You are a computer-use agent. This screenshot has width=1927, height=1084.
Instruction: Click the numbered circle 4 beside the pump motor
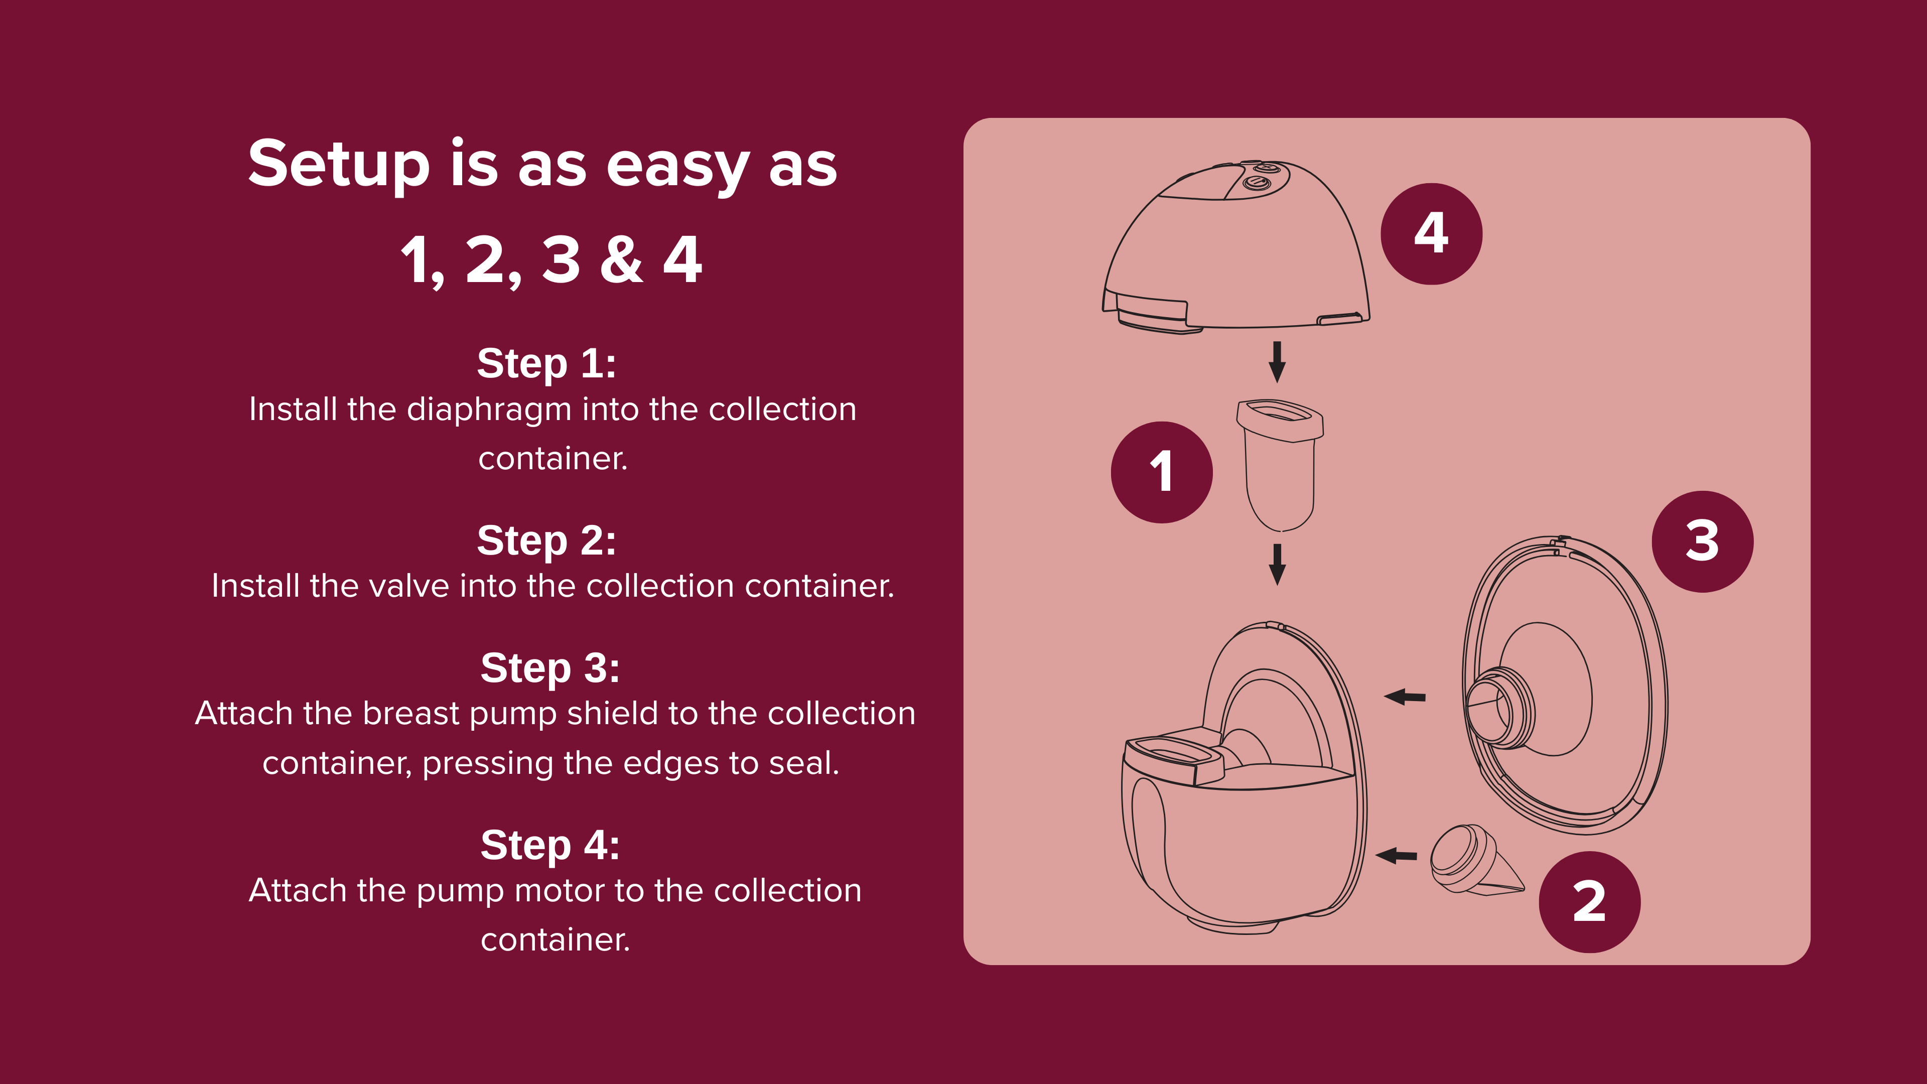[x=1431, y=234]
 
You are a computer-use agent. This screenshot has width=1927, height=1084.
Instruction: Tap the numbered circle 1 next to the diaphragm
[x=1162, y=472]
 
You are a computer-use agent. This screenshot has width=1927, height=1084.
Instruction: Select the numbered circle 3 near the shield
[x=1703, y=541]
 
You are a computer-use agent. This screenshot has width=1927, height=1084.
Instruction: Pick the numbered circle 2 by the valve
[x=1590, y=902]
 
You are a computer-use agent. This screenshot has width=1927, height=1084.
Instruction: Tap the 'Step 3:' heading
[x=550, y=667]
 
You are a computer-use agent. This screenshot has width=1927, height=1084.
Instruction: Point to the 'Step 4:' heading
[x=550, y=845]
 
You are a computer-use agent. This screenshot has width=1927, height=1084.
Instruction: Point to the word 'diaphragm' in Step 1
[x=489, y=411]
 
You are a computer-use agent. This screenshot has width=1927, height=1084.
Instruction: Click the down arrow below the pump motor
[x=1278, y=362]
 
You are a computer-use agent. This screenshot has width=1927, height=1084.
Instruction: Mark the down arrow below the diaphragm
[x=1278, y=564]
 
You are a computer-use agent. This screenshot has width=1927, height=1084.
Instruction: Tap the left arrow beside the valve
[x=1396, y=855]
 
